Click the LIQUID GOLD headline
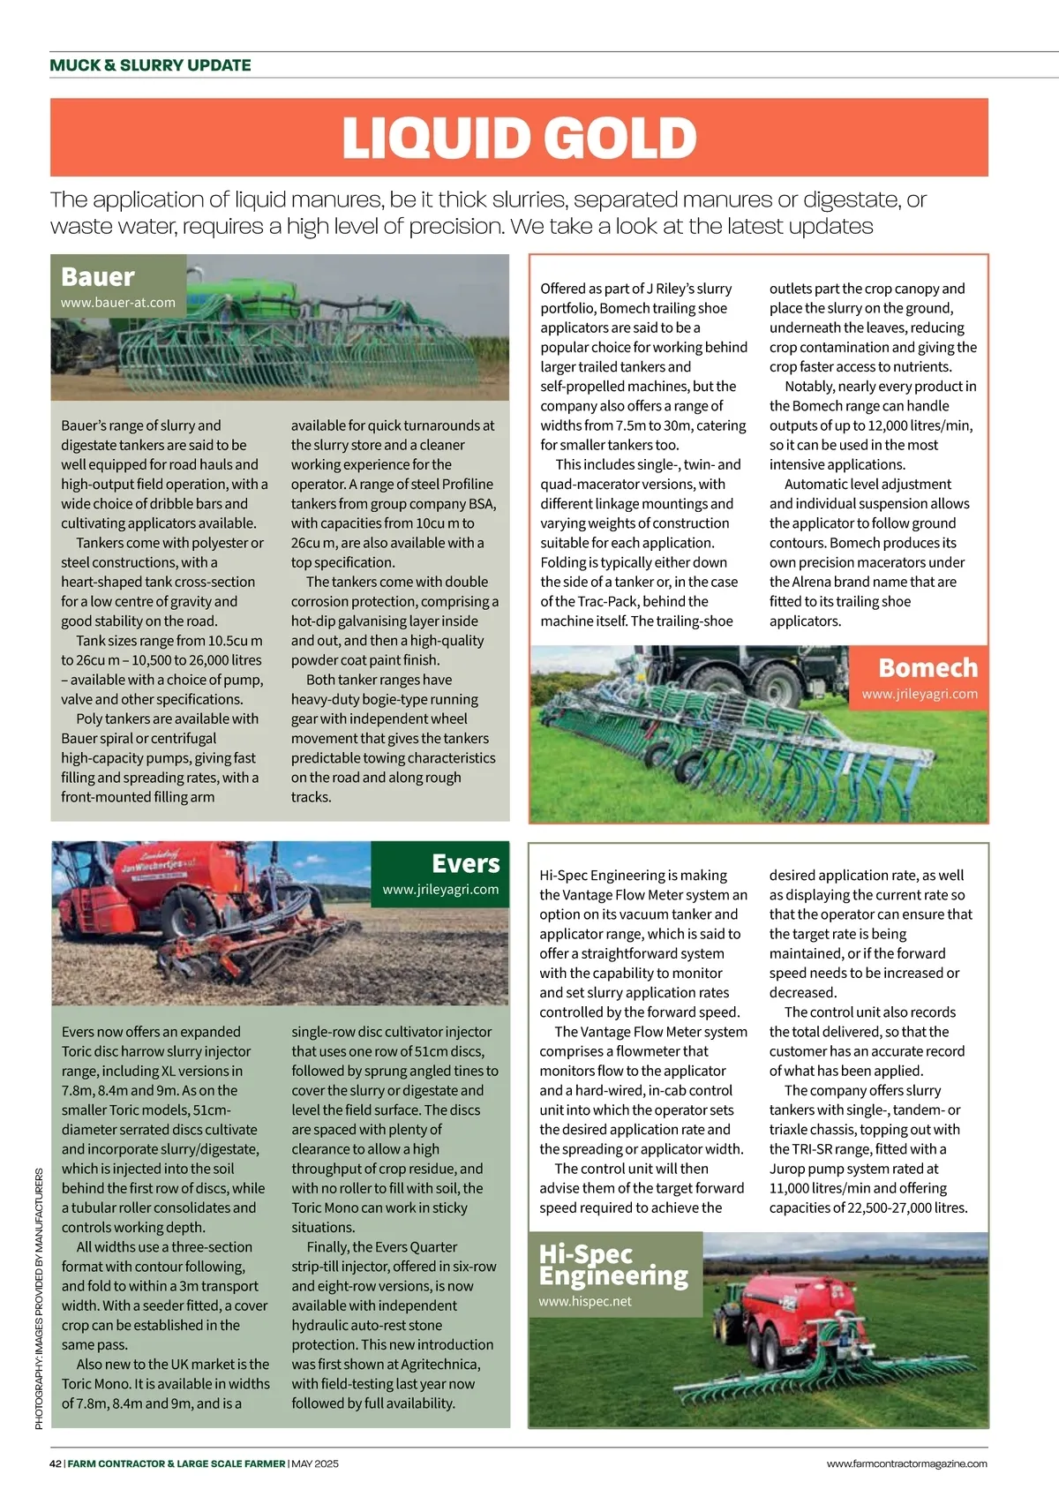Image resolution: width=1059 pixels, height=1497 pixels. [x=519, y=139]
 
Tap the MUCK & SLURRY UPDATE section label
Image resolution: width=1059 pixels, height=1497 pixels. [x=150, y=65]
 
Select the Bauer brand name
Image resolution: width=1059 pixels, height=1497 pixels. [x=97, y=277]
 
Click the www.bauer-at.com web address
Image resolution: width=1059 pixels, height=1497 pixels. [x=117, y=303]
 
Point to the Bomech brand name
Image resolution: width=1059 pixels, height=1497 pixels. [x=928, y=667]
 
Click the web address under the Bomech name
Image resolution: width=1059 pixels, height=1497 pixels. [x=920, y=694]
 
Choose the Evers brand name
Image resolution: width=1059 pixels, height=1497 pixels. [x=465, y=863]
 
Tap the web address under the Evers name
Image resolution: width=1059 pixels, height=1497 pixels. [x=440, y=890]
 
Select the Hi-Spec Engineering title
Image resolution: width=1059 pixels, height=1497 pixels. [x=613, y=1265]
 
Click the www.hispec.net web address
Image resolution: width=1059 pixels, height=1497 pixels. [x=585, y=1301]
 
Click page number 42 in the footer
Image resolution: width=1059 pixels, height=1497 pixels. [x=55, y=1463]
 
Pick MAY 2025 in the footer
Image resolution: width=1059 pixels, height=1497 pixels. [x=315, y=1463]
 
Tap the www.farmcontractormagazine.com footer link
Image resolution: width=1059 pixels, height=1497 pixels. [x=906, y=1463]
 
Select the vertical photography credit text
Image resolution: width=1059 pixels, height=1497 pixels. [x=39, y=1298]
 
